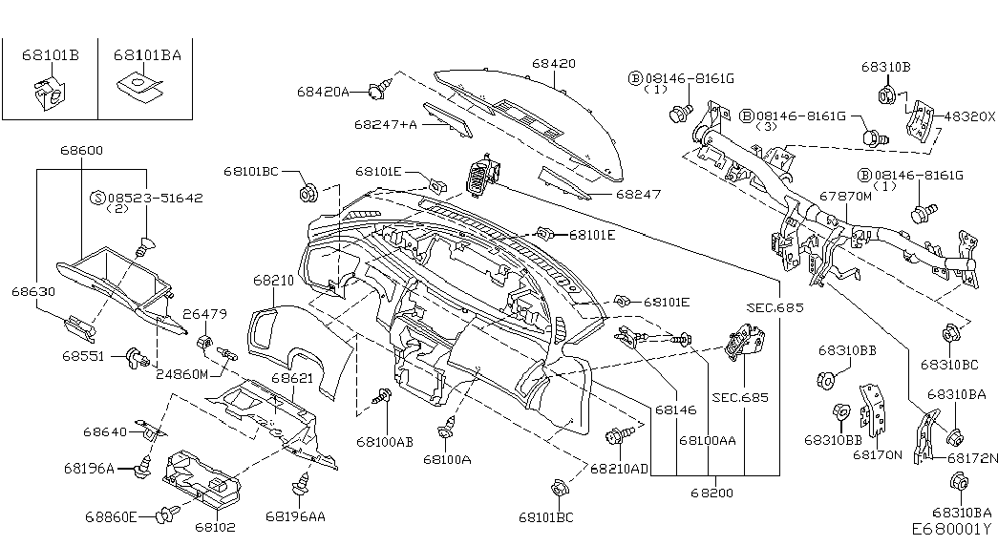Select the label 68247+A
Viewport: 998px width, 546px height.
[385, 124]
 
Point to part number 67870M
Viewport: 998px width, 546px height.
[845, 197]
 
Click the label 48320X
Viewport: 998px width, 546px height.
[968, 115]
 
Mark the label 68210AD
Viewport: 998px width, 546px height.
[619, 469]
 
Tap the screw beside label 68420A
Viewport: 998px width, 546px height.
[384, 91]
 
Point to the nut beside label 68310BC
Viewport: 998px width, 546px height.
[951, 335]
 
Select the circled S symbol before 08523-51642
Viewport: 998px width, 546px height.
[96, 198]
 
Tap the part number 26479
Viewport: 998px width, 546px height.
[204, 313]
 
